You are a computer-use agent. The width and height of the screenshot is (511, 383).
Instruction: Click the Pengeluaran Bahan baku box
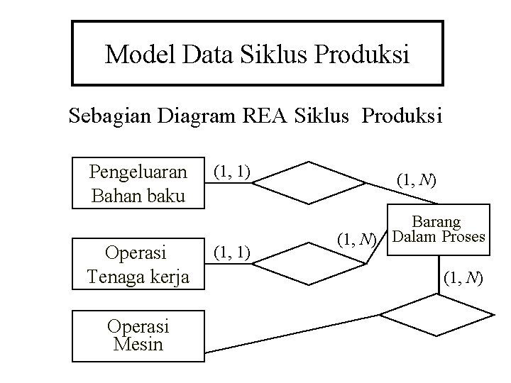click(138, 182)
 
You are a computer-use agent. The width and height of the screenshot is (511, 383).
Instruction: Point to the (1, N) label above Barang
click(417, 181)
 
